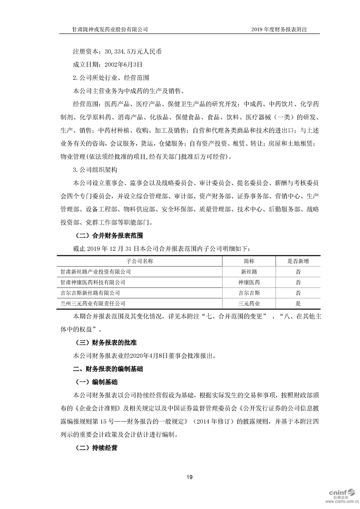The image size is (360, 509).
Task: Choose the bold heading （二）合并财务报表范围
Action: pos(110,235)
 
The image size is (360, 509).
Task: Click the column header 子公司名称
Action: pos(139,261)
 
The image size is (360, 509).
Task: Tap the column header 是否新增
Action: pos(298,261)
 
